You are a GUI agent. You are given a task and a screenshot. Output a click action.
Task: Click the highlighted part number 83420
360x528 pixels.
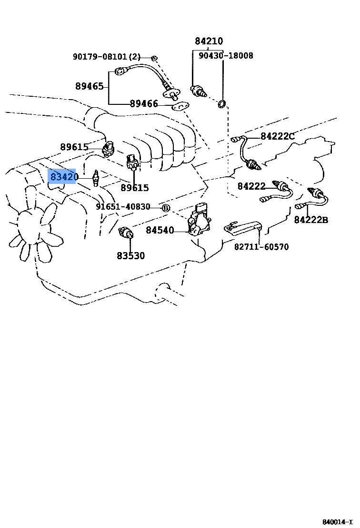pyautogui.click(x=64, y=177)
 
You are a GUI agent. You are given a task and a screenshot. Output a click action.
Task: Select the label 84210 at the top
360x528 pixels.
pyautogui.click(x=209, y=41)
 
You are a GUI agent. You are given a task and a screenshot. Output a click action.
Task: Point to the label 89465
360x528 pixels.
pyautogui.click(x=89, y=86)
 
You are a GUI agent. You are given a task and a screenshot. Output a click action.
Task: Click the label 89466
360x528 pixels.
pyautogui.click(x=144, y=103)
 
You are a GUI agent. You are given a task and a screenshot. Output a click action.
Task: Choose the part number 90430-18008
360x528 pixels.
pyautogui.click(x=226, y=56)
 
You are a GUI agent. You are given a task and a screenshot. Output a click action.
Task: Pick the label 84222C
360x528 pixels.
pyautogui.click(x=278, y=136)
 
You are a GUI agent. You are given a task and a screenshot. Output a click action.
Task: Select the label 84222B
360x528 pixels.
pyautogui.click(x=311, y=220)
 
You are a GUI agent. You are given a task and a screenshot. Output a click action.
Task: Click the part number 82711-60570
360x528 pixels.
pyautogui.click(x=261, y=247)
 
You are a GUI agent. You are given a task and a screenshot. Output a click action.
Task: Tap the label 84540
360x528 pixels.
pyautogui.click(x=160, y=231)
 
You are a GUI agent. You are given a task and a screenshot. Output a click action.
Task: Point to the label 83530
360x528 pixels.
pyautogui.click(x=130, y=256)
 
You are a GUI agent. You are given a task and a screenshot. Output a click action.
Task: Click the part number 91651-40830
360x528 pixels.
pyautogui.click(x=123, y=207)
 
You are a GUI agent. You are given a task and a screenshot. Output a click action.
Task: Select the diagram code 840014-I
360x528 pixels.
pyautogui.click(x=337, y=522)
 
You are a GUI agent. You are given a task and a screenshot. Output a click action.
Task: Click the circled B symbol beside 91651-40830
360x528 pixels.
pyautogui.click(x=165, y=208)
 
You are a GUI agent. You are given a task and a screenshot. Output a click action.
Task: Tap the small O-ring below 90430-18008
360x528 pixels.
pyautogui.click(x=222, y=104)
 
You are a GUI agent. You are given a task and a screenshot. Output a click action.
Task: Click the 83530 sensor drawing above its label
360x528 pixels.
pyautogui.click(x=127, y=233)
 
